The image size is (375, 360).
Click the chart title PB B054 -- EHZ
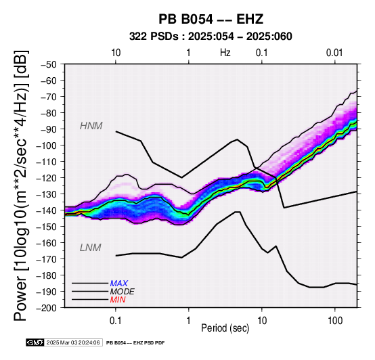tap(211, 19)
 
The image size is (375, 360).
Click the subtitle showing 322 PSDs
tap(211, 37)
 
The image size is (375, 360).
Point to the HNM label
tap(91, 126)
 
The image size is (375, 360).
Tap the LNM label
tap(91, 248)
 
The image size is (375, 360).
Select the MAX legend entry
tap(119, 284)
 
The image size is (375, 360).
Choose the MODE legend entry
tap(123, 292)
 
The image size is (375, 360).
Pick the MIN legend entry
tap(118, 300)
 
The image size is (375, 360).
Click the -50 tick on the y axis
tap(49, 64)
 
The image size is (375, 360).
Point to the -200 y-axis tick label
tap(47, 308)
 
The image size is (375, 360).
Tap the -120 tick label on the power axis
tap(47, 178)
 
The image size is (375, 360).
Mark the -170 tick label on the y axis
tap(47, 259)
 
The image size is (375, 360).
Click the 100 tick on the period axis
tap(335, 321)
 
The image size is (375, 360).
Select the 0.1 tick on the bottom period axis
tap(115, 321)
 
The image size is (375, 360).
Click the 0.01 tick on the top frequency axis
tap(334, 53)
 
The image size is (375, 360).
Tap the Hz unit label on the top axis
tap(225, 53)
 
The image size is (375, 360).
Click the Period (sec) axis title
tap(225, 328)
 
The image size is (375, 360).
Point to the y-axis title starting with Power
tap(20, 185)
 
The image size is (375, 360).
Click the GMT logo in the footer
tap(35, 342)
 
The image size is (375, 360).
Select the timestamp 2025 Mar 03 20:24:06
tap(73, 342)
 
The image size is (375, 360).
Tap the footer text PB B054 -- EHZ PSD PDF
tap(135, 343)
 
